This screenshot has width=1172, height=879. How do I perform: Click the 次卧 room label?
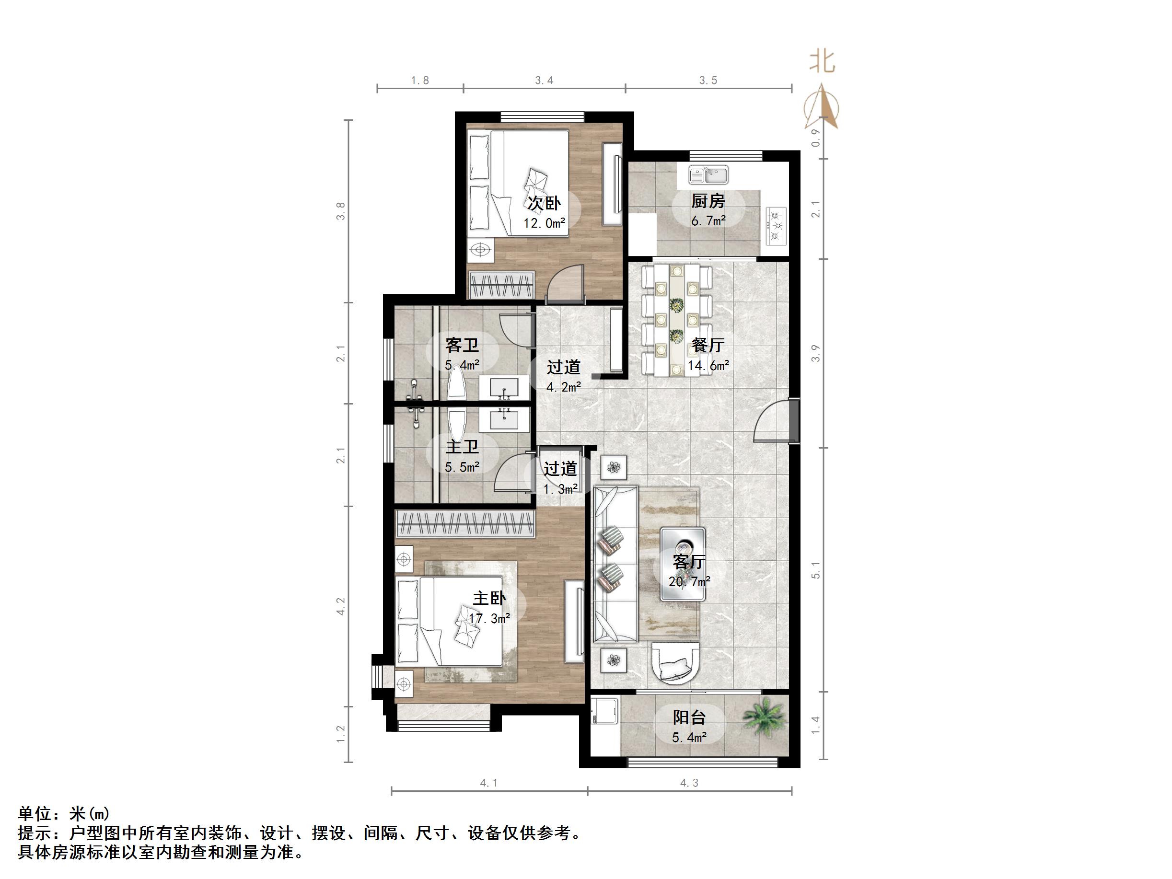click(544, 203)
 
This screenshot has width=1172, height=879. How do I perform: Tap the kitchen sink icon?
click(709, 174)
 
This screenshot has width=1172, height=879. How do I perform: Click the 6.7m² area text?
click(708, 221)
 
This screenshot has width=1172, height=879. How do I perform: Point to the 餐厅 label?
click(708, 346)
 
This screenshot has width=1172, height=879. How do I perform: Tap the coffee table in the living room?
click(683, 564)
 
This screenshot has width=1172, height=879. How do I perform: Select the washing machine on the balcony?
click(605, 711)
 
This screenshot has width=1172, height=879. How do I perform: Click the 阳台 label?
click(689, 717)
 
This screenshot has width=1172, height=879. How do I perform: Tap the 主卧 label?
click(489, 598)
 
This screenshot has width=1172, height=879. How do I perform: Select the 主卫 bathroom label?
click(462, 447)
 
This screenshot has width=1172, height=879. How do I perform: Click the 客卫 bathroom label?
click(462, 346)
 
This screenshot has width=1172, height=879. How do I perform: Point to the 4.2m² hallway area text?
click(564, 387)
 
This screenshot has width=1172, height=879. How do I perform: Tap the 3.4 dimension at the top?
click(544, 81)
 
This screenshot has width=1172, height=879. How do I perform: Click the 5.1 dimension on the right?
click(816, 570)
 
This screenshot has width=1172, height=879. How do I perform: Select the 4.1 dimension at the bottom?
click(488, 783)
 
